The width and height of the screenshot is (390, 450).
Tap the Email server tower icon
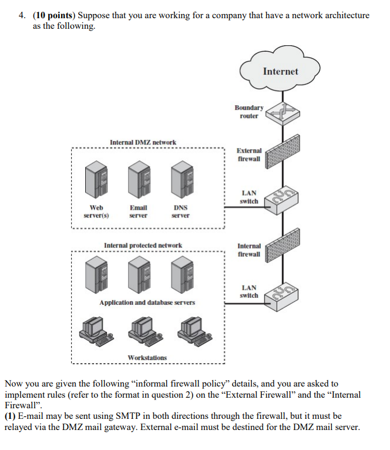click(x=138, y=182)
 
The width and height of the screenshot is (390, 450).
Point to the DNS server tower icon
click(x=180, y=182)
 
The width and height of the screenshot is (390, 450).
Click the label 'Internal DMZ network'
click(x=143, y=142)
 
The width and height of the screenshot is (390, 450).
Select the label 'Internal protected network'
click(x=143, y=245)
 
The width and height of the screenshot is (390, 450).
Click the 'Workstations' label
click(x=147, y=357)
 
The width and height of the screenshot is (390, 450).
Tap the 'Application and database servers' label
click(x=147, y=303)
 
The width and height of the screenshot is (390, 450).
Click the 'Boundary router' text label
click(x=249, y=112)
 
